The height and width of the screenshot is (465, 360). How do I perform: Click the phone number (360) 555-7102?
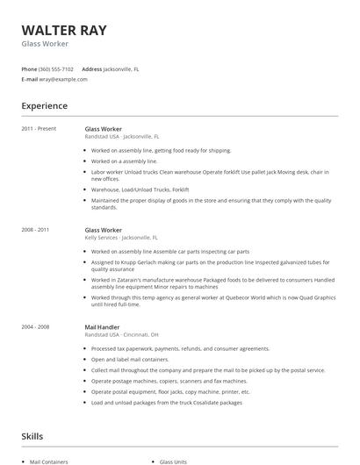[x=56, y=68]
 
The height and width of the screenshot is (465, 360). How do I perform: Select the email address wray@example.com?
[x=63, y=79]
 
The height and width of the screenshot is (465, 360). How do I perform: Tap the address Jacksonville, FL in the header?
[x=121, y=68]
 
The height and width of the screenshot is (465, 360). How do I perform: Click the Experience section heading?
[x=44, y=106]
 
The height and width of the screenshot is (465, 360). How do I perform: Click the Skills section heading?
[x=32, y=435]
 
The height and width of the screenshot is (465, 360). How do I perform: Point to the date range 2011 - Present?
[x=39, y=129]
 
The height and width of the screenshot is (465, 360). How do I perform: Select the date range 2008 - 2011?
[x=37, y=230]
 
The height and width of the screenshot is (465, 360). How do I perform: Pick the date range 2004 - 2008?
[x=37, y=326]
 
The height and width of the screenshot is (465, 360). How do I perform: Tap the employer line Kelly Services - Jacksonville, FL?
[x=121, y=238]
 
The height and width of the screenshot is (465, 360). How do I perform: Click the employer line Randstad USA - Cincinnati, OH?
[x=121, y=334]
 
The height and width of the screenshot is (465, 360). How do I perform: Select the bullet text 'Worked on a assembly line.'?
[x=124, y=161]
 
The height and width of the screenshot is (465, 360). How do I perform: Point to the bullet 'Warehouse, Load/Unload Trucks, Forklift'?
[x=140, y=190]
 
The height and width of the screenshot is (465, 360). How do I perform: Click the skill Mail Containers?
[x=48, y=461]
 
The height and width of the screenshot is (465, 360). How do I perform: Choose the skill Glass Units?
[x=174, y=461]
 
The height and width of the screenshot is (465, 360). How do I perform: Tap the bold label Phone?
[x=29, y=68]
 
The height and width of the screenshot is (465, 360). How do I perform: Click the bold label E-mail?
[x=30, y=79]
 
